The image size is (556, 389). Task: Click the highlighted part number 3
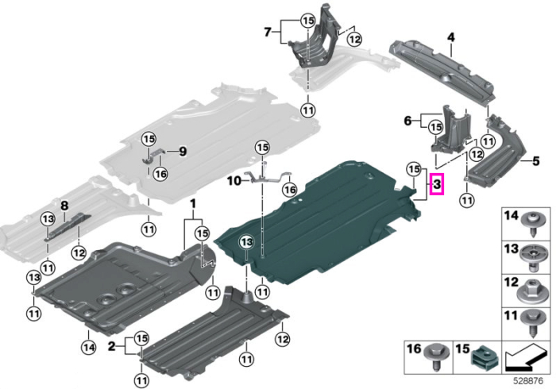(437, 184)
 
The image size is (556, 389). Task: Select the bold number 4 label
(450, 37)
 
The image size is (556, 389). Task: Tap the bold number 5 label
(536, 161)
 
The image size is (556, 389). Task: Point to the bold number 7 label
(268, 33)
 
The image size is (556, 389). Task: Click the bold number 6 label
(408, 121)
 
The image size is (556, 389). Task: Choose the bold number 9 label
(183, 152)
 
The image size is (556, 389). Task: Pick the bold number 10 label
(234, 181)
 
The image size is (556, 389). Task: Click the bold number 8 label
(64, 205)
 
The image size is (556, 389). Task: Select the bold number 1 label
(193, 204)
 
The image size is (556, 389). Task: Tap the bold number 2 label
(112, 346)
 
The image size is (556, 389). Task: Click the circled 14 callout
(89, 348)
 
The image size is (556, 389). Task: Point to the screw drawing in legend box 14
(531, 224)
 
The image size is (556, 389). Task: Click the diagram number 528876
(528, 381)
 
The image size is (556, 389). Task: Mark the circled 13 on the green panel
(246, 242)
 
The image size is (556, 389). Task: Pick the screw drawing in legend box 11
(531, 322)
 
